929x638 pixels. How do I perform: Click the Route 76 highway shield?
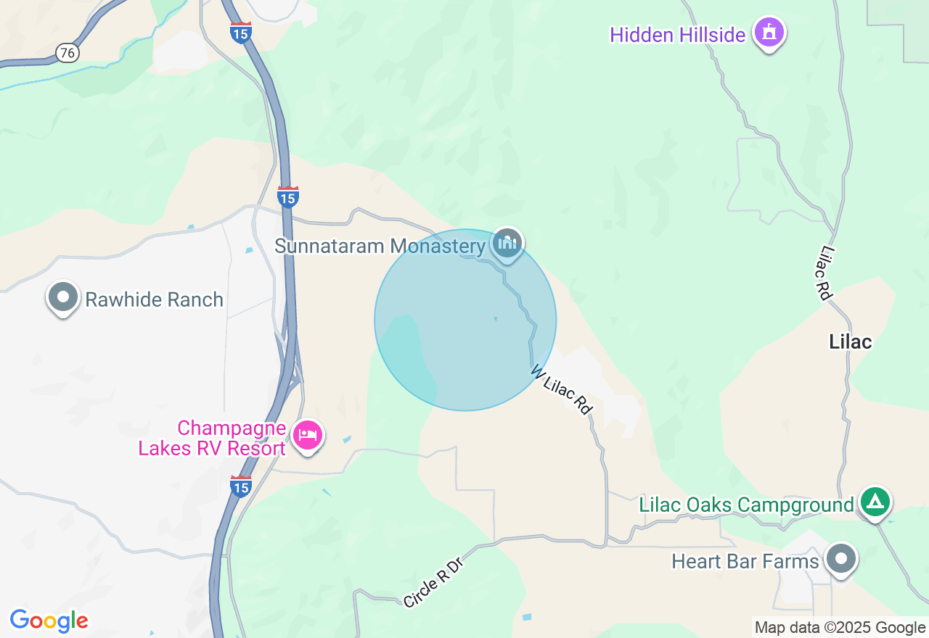click(67, 52)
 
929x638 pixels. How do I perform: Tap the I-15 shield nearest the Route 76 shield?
click(241, 33)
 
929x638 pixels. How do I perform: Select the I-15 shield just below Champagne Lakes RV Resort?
click(241, 486)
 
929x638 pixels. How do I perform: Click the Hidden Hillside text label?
click(677, 35)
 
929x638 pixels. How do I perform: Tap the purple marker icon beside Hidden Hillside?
click(769, 33)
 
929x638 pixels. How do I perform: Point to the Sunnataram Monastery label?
click(379, 246)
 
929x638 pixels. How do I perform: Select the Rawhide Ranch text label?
click(154, 299)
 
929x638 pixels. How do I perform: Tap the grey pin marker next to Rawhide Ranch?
click(63, 297)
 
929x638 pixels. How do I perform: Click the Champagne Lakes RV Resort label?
click(212, 439)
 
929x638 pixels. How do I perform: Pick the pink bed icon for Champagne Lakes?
click(308, 436)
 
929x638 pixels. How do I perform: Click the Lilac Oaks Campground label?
click(746, 505)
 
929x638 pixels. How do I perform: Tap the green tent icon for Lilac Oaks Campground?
click(875, 502)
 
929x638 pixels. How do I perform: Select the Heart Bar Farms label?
click(745, 561)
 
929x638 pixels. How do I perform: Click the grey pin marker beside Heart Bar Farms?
click(842, 559)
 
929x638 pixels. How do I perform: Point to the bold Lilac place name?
click(850, 341)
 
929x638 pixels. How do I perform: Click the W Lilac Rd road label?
click(562, 389)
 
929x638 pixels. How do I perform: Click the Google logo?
click(49, 621)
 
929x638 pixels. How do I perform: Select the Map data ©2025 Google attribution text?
click(840, 628)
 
